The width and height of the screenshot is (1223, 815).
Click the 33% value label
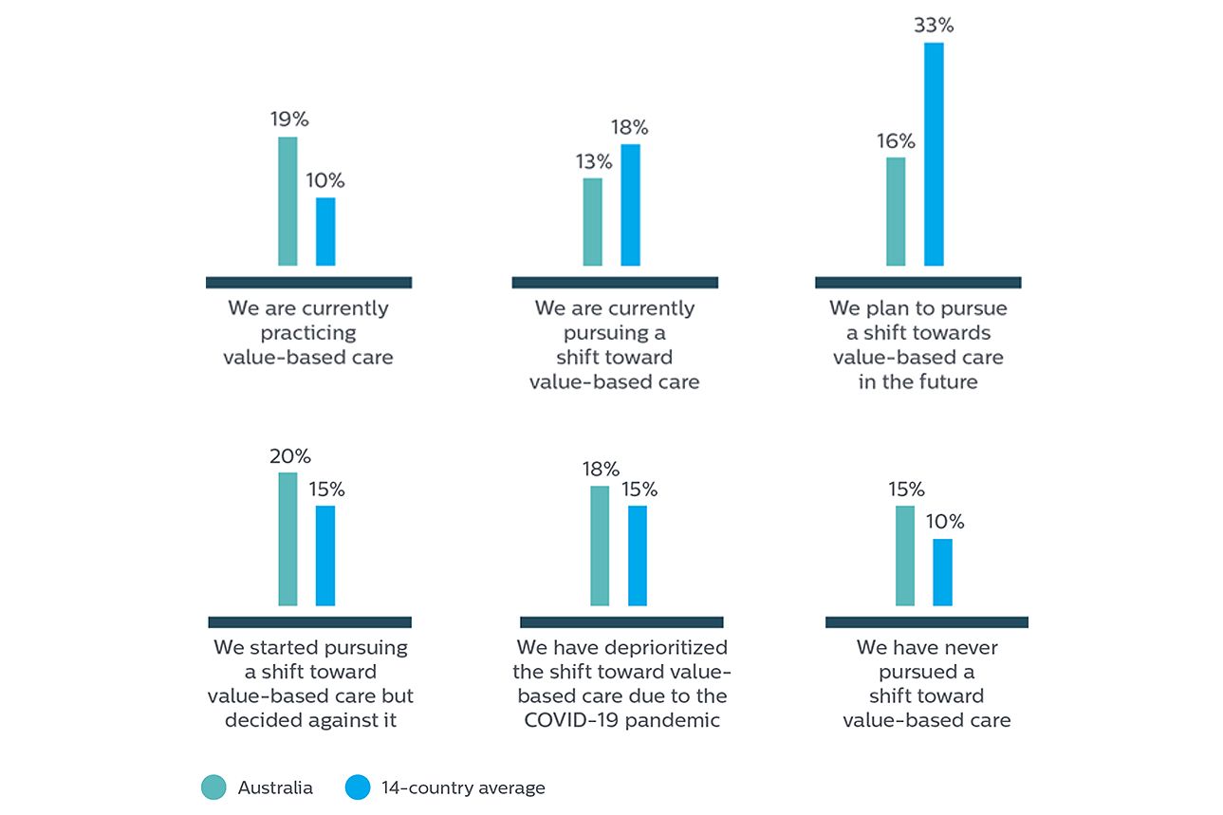(x=934, y=26)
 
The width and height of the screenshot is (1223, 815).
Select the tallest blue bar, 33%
(x=934, y=154)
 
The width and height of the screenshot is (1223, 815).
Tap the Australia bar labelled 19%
(x=287, y=201)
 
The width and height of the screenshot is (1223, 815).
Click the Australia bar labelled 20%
(x=287, y=539)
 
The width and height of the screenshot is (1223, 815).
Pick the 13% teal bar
(x=592, y=222)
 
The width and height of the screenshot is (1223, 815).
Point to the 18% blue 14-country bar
(x=630, y=205)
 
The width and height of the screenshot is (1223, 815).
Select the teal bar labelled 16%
(x=896, y=212)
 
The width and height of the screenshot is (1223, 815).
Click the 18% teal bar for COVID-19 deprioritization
(x=600, y=546)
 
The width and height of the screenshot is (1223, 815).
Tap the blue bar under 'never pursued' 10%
(x=942, y=572)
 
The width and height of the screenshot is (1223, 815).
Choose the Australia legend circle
(x=213, y=787)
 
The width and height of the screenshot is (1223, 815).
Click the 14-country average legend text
(x=463, y=787)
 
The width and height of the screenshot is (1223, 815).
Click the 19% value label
(x=288, y=120)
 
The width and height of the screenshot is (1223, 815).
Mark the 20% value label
(x=289, y=456)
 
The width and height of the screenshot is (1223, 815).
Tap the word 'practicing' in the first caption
(x=308, y=333)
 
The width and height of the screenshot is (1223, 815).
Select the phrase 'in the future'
(x=917, y=382)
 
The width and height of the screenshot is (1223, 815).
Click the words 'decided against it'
(x=310, y=720)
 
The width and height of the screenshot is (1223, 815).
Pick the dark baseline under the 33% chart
(x=917, y=282)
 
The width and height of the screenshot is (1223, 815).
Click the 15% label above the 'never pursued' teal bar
(x=906, y=490)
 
